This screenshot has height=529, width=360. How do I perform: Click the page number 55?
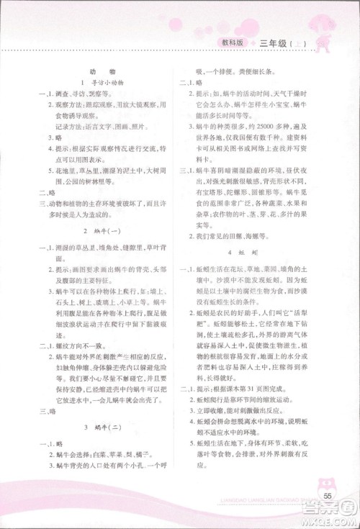pyautogui.click(x=327, y=496)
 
